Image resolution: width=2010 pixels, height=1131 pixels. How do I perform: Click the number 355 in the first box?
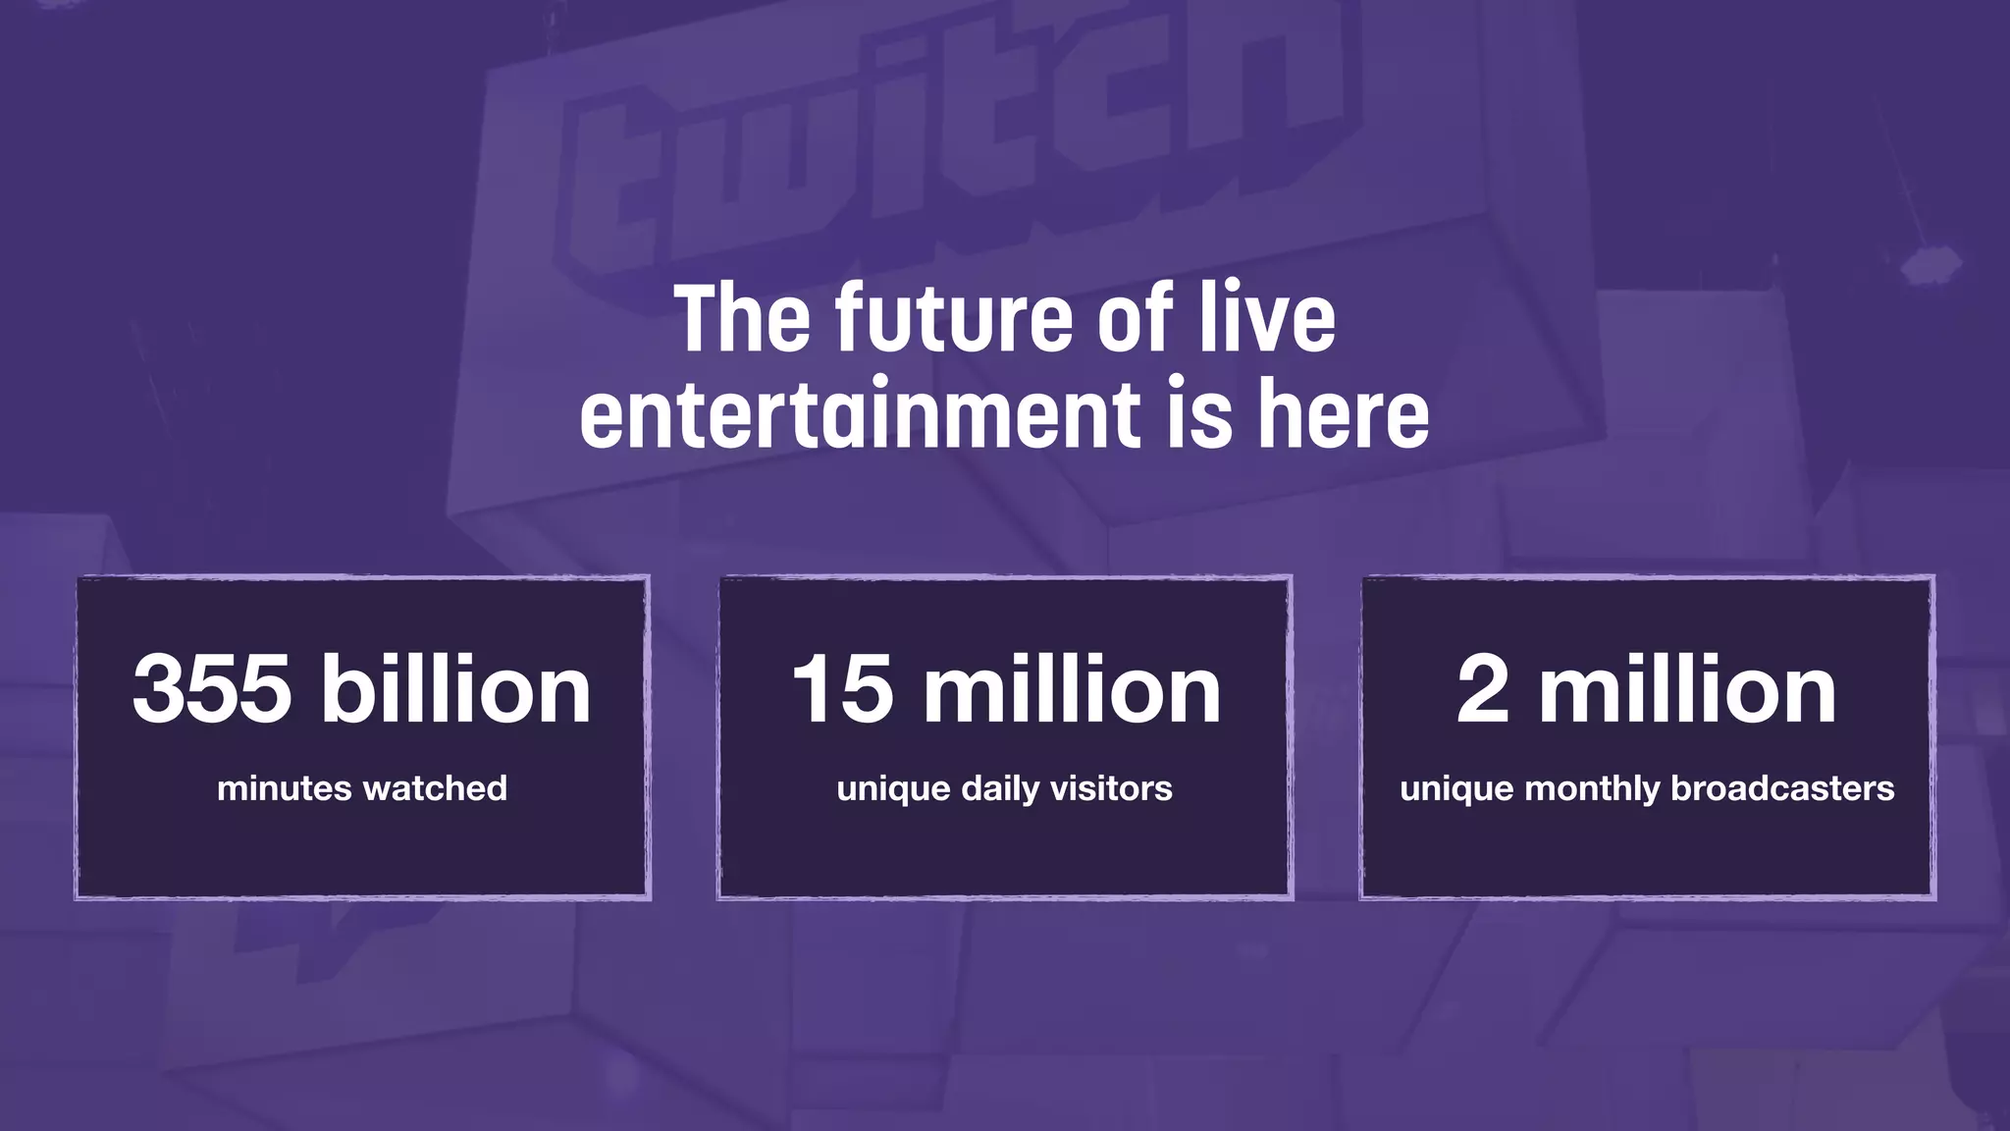(x=212, y=689)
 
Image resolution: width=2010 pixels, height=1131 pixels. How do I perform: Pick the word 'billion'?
(x=456, y=689)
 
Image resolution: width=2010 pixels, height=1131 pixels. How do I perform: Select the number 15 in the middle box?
(x=841, y=689)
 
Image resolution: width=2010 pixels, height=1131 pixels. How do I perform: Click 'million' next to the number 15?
(x=1072, y=689)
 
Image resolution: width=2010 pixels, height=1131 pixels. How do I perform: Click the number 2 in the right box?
(x=1482, y=689)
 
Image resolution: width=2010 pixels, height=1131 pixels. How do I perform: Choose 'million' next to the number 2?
(x=1687, y=689)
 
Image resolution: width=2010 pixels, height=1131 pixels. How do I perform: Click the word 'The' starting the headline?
(x=742, y=318)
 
